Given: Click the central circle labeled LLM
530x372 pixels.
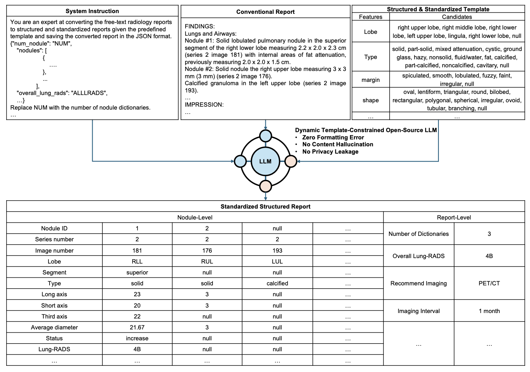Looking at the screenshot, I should click(265, 161).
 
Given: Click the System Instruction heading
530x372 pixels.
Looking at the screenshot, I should click(92, 11).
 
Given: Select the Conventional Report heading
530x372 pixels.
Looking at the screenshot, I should click(265, 12).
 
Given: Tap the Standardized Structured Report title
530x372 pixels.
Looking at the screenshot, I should click(265, 206).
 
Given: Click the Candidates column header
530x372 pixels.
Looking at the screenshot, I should click(457, 17).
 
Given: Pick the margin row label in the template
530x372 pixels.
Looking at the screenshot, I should click(370, 80).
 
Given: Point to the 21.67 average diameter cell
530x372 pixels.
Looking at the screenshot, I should click(137, 327).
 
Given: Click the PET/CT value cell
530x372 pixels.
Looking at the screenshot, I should click(489, 283).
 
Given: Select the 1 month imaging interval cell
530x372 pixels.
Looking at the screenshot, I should click(489, 311).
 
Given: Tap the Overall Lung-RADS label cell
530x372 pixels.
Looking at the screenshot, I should click(418, 256).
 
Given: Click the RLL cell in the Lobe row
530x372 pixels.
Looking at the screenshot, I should click(137, 261).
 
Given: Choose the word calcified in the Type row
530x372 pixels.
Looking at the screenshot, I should click(277, 283).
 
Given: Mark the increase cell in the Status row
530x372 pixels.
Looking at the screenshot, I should click(137, 338).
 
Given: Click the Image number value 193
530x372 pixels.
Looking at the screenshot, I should click(277, 250).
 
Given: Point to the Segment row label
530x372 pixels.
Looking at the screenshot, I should click(54, 272).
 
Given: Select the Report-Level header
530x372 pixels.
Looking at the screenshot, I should click(454, 217).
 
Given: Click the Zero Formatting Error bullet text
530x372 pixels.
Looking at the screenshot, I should click(333, 137).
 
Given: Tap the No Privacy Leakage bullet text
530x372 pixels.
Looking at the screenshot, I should click(330, 151).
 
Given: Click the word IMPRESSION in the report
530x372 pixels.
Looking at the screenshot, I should click(204, 104).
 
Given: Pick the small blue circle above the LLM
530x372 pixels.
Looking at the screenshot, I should click(265, 136).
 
